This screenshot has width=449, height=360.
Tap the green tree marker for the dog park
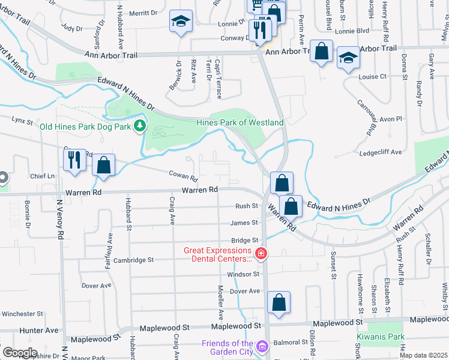[140, 126]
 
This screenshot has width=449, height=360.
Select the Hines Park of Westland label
[240, 122]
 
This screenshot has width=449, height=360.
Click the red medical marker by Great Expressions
[261, 254]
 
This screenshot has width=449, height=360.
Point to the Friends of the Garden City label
[226, 347]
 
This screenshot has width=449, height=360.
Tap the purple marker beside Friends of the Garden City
[262, 346]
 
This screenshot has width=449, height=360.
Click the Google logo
[20, 353]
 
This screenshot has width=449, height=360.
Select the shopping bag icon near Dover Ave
[279, 303]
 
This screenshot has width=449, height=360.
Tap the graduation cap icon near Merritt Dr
[181, 22]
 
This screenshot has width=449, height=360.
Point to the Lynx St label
[22, 121]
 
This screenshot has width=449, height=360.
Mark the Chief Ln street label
[43, 176]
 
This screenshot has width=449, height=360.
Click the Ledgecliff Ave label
[381, 152]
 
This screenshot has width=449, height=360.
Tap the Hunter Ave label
[39, 330]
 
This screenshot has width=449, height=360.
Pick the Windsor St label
[243, 274]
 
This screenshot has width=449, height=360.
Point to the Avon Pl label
[390, 119]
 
